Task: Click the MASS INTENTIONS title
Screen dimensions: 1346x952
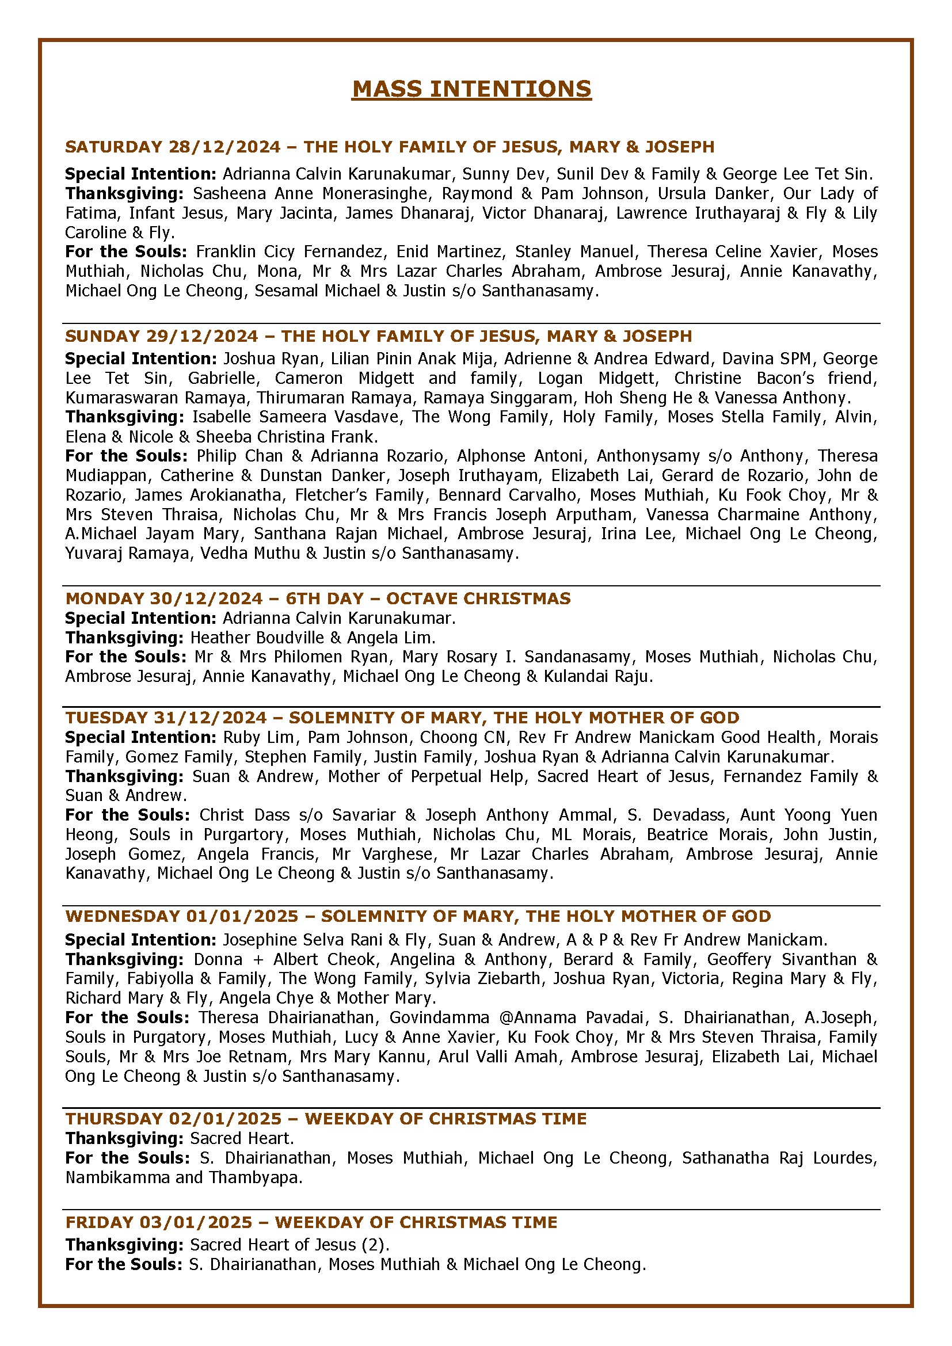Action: point(471,89)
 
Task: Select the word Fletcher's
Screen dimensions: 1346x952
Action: point(330,495)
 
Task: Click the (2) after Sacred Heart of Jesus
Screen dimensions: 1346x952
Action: point(374,1245)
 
